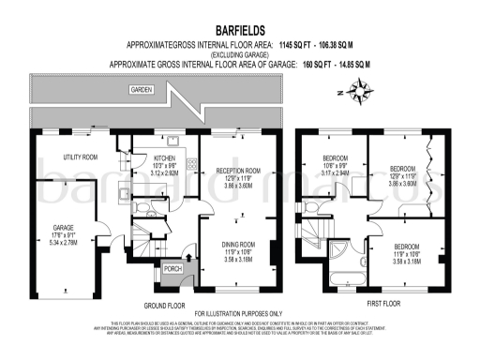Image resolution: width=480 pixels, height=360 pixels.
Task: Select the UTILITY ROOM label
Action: click(x=81, y=157)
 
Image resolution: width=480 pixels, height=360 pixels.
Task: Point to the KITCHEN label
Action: click(x=165, y=159)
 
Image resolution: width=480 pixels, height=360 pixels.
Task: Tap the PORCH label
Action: click(x=173, y=269)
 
